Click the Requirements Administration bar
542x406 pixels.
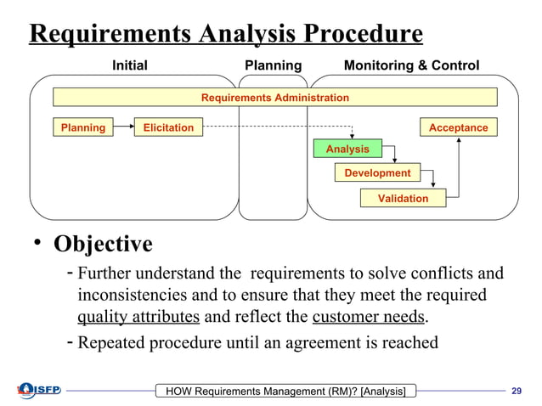pyautogui.click(x=274, y=98)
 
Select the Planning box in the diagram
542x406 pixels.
pyautogui.click(x=82, y=127)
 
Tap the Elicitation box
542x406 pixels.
pyautogui.click(x=167, y=127)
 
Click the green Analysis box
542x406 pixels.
pyautogui.click(x=347, y=149)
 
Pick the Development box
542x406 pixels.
pyautogui.click(x=377, y=173)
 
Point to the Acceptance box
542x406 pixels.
pyautogui.click(x=458, y=127)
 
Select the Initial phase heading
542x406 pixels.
pyautogui.click(x=130, y=65)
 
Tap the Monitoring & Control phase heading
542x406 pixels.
pyautogui.click(x=411, y=65)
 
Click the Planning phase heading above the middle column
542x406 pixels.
pyautogui.click(x=273, y=65)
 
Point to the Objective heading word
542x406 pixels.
pyautogui.click(x=104, y=245)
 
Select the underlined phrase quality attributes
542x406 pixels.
pyautogui.click(x=138, y=318)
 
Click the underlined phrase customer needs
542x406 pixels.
pyautogui.click(x=369, y=318)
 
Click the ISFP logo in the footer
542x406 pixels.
pyautogui.click(x=35, y=390)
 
